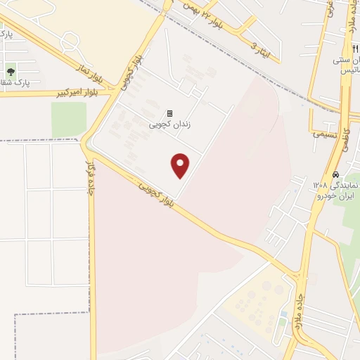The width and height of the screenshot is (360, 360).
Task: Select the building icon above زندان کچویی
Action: (169, 112)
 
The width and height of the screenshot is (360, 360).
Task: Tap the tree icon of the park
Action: (11, 71)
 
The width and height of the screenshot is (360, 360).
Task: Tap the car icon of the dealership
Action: (336, 174)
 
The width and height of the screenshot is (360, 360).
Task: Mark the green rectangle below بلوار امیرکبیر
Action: (68, 120)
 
